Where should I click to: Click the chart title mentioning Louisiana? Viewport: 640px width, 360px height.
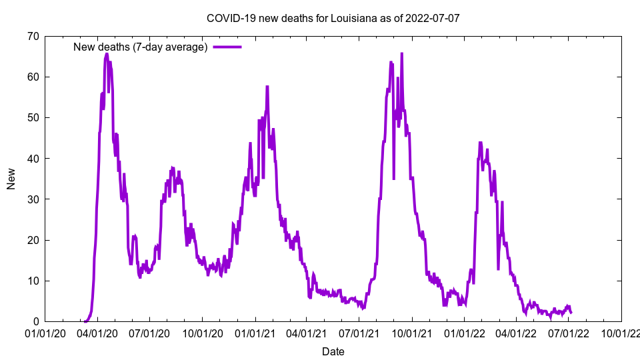coord(333,18)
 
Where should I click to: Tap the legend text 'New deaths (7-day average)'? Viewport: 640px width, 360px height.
coord(140,47)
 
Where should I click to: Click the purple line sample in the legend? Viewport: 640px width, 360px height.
coord(227,47)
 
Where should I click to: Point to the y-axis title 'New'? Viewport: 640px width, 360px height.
coord(11,179)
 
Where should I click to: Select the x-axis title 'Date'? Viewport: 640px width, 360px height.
coord(333,351)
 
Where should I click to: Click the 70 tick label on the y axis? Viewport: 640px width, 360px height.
coord(33,36)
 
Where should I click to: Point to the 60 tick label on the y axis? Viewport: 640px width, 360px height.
coord(33,77)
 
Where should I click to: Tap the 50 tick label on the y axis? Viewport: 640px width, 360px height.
coord(33,117)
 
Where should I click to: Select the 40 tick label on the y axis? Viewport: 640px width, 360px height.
coord(33,159)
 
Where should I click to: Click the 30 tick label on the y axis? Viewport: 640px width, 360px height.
coord(33,199)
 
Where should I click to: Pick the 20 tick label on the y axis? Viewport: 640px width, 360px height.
coord(33,240)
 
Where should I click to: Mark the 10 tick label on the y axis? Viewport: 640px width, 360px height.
coord(33,281)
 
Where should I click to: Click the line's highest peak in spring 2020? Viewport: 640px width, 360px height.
coord(107,55)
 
